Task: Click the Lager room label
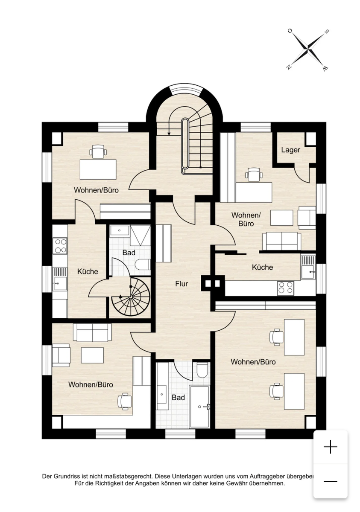(x=290, y=150)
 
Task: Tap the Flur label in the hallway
(x=181, y=284)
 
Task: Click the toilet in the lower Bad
(x=202, y=370)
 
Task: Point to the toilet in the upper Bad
(x=143, y=265)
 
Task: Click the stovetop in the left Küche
(x=60, y=245)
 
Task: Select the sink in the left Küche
(x=60, y=279)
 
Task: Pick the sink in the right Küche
(x=308, y=267)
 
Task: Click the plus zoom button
(x=331, y=446)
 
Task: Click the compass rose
(x=308, y=49)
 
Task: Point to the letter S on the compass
(x=327, y=32)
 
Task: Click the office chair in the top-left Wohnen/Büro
(x=98, y=151)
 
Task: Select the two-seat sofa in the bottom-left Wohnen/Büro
(x=92, y=332)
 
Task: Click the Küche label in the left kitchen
(x=88, y=271)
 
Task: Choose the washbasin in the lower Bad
(x=162, y=394)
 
